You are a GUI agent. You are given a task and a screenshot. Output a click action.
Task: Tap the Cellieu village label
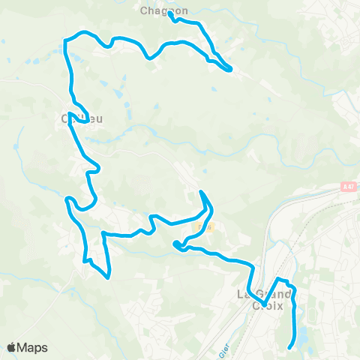pyautogui.click(x=80, y=118)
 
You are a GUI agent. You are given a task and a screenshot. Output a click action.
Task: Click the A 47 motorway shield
pyautogui.click(x=346, y=187)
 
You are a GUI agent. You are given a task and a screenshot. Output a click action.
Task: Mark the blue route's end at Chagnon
pyautogui.click(x=170, y=13)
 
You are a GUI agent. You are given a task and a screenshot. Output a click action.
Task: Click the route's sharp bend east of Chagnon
pyautogui.click(x=230, y=70)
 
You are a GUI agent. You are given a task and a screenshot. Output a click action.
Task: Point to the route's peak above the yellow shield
pyautogui.click(x=201, y=193)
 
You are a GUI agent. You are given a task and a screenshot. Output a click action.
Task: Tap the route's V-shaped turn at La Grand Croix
pyautogui.click(x=263, y=304)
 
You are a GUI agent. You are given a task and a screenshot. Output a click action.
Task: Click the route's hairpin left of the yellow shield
pyautogui.click(x=175, y=244)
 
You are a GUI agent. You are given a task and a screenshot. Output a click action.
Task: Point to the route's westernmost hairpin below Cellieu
pyautogui.click(x=68, y=199)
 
